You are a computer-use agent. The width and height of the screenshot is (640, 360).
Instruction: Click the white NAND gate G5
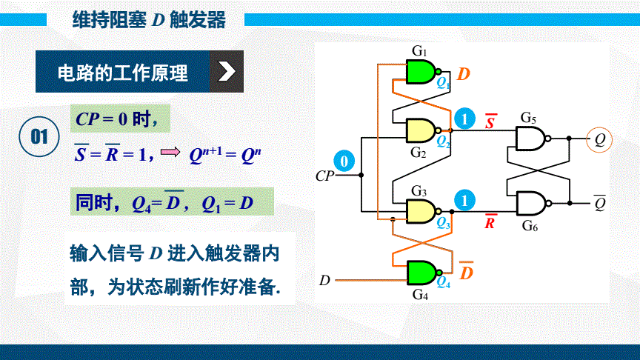coord(530,137)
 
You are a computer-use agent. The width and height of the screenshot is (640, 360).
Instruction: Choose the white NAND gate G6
coord(530,203)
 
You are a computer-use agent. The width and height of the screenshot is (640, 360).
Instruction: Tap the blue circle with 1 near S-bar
coord(464,118)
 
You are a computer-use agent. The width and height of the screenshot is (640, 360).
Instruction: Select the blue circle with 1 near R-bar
coord(464,200)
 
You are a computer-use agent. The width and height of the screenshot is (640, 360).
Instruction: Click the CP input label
coord(324,176)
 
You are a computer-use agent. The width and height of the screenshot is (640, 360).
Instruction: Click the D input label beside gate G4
coord(324,280)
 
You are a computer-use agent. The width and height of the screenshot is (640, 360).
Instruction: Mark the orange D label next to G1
coord(464,74)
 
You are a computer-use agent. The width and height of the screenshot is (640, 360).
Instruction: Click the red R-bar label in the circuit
coord(490,221)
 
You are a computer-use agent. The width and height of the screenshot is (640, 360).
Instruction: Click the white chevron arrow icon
coord(227,71)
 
